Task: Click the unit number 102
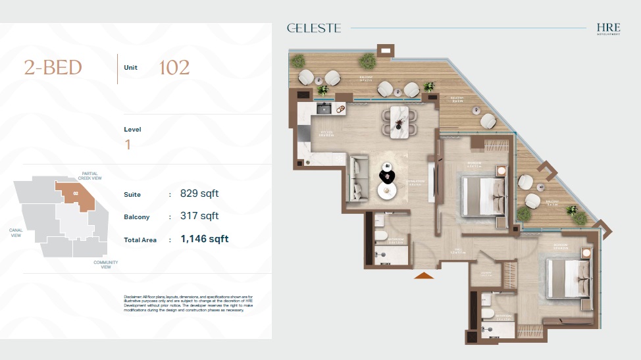click(174, 68)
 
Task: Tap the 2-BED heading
click(53, 68)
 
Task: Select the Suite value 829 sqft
click(199, 194)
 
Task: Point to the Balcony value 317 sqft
click(199, 217)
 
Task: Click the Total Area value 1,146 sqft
click(205, 240)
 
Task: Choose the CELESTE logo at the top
click(314, 28)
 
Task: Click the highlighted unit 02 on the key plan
click(76, 194)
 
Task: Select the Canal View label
click(16, 232)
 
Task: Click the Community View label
click(106, 264)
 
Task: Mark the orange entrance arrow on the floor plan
click(424, 275)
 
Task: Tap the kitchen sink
click(323, 109)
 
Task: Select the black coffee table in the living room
click(386, 176)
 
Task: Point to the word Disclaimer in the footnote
click(133, 297)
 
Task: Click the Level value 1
click(128, 145)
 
